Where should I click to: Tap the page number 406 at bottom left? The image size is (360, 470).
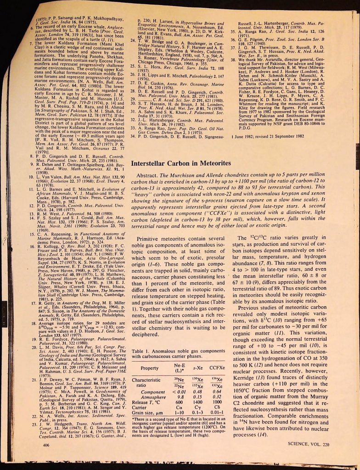pos(46,445)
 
